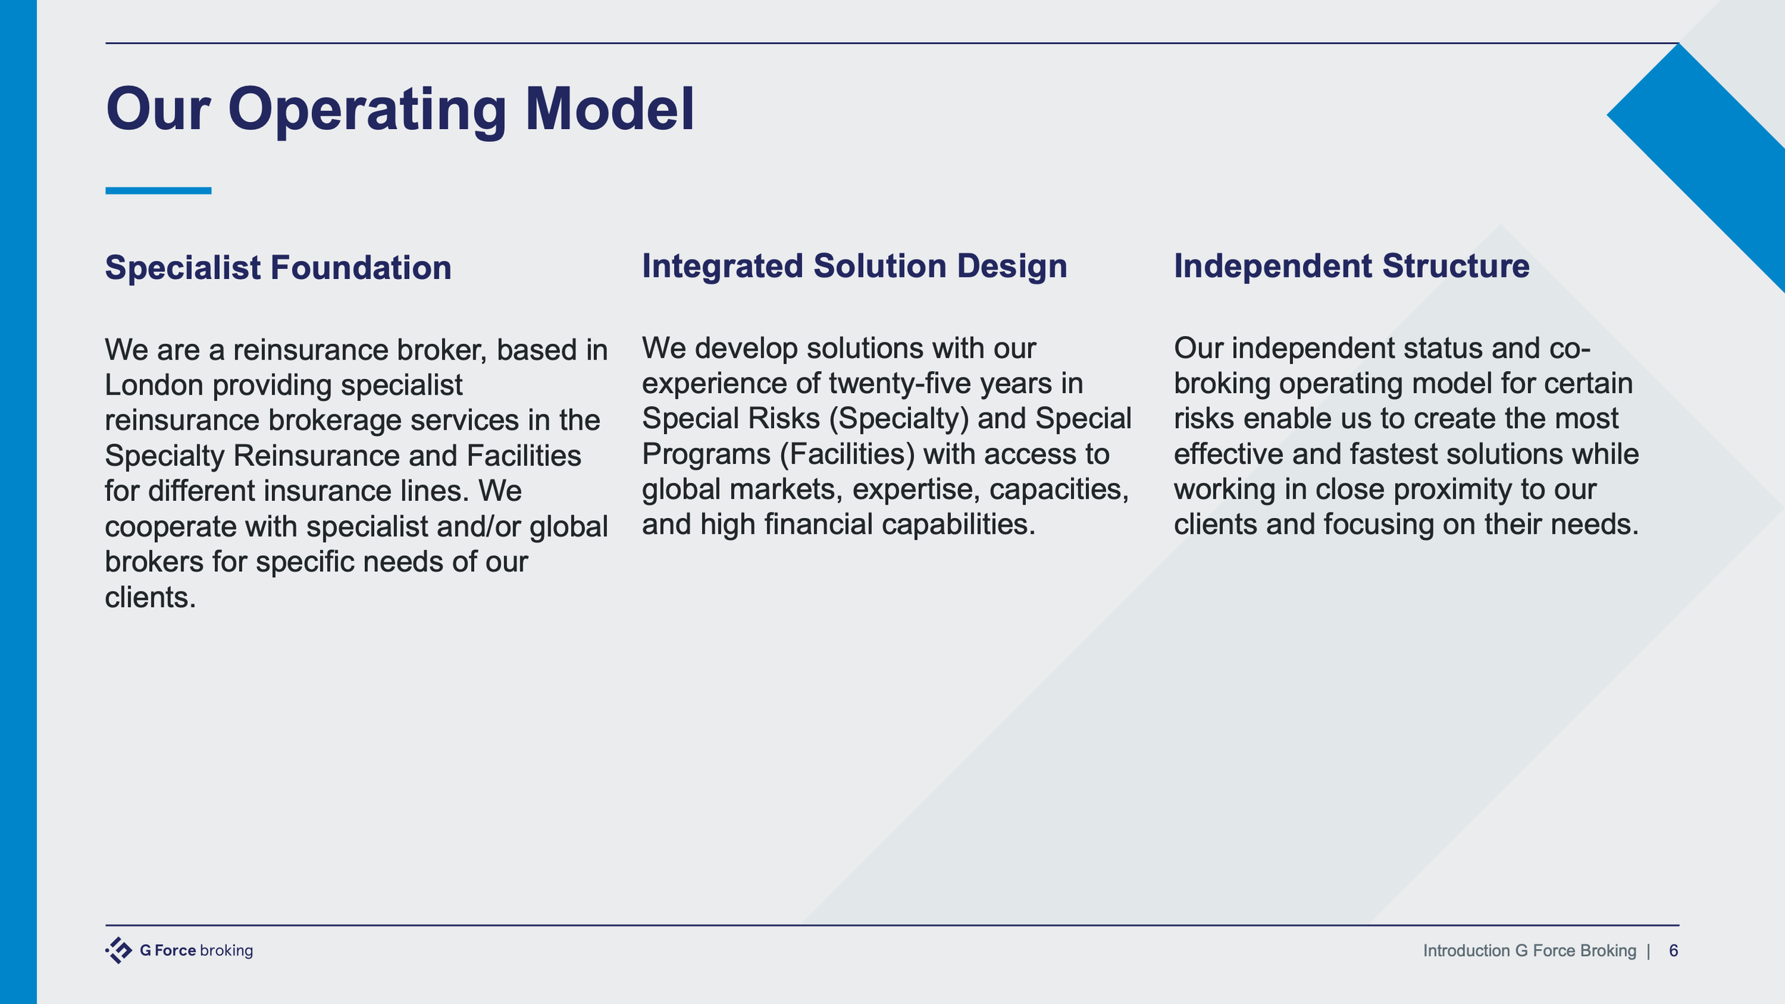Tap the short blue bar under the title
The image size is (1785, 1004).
[159, 191]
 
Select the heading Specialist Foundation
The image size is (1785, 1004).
[278, 268]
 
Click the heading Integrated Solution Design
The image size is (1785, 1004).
[854, 265]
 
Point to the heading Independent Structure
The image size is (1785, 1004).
[1352, 265]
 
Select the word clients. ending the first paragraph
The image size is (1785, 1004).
[150, 597]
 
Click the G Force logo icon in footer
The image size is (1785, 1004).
[119, 950]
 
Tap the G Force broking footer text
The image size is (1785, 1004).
[196, 950]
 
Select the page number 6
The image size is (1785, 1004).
[1673, 950]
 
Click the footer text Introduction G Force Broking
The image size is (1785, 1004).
[1529, 950]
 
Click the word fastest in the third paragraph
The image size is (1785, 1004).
[1393, 454]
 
